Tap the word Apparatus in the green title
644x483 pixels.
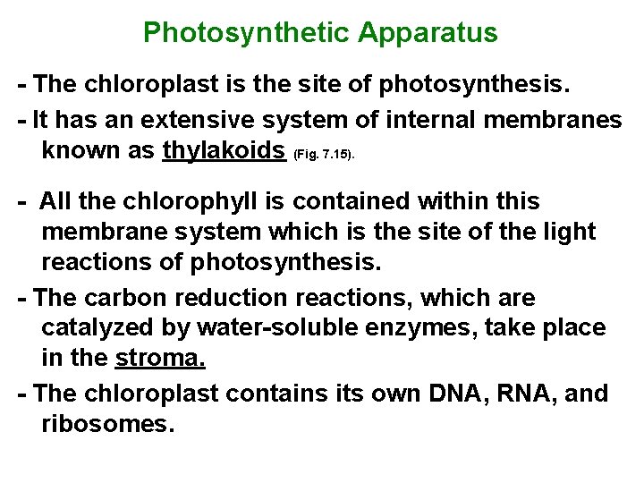click(428, 33)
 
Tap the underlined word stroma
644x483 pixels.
click(161, 358)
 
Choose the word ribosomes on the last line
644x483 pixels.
click(106, 422)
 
